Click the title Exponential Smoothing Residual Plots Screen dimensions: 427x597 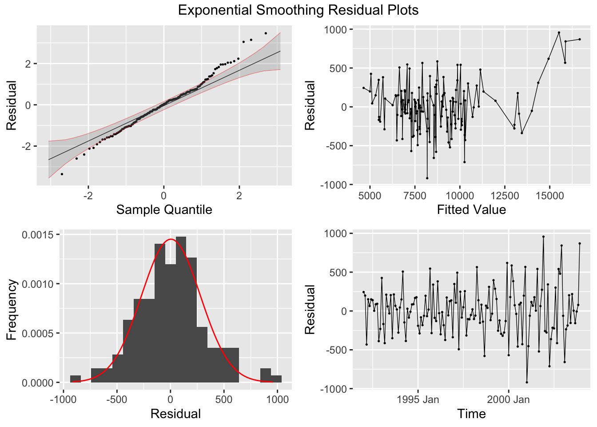tap(298, 10)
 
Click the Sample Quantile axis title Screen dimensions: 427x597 tap(164, 209)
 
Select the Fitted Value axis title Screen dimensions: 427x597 tap(471, 209)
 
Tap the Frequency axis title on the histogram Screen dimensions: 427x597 tap(12, 310)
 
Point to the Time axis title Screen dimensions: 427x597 tap(471, 414)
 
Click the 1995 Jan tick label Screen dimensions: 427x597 tap(418, 399)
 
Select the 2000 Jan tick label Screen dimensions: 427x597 tap(508, 399)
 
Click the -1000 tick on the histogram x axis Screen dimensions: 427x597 tap(63, 399)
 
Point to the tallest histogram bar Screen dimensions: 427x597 tap(181, 309)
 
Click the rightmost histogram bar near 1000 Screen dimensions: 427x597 tap(276, 379)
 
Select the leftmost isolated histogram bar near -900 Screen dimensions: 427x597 tap(76, 379)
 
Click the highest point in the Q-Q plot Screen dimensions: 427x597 tap(266, 33)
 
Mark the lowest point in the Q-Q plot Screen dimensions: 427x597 tap(62, 174)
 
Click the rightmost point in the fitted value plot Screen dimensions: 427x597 tap(580, 39)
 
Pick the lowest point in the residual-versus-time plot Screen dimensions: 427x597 tap(527, 382)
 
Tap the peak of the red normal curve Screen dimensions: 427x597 tap(171, 239)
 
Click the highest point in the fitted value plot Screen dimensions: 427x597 tap(559, 32)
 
